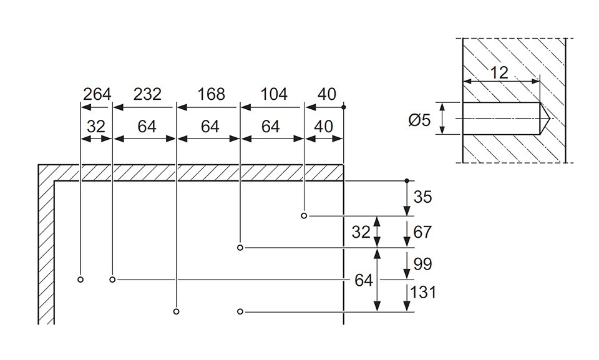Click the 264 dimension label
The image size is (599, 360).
pyautogui.click(x=97, y=94)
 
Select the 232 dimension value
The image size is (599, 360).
pyautogui.click(x=147, y=94)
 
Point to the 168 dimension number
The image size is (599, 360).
pyautogui.click(x=212, y=94)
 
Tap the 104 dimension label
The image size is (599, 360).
pyautogui.click(x=273, y=94)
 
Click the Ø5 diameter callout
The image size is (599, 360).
pyautogui.click(x=419, y=120)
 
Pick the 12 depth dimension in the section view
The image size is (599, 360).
pyautogui.click(x=499, y=72)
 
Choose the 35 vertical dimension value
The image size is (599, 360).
pyautogui.click(x=422, y=197)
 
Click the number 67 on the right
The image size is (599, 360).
pyautogui.click(x=422, y=232)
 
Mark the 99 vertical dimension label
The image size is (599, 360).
pyautogui.click(x=422, y=264)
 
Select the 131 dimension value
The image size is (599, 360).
pyautogui.click(x=423, y=293)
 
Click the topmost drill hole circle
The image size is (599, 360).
pyautogui.click(x=304, y=216)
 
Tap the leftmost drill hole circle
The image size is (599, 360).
pyautogui.click(x=80, y=280)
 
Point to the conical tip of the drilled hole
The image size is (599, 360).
pyautogui.click(x=548, y=119)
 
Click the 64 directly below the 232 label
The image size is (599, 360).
pyautogui.click(x=147, y=127)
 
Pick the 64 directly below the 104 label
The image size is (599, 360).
pyautogui.click(x=270, y=127)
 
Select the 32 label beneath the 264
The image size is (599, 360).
pyautogui.click(x=95, y=127)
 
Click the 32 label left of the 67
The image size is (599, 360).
pyautogui.click(x=361, y=232)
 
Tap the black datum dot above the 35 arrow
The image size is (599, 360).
pyautogui.click(x=407, y=180)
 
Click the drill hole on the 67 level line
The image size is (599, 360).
pyautogui.click(x=240, y=248)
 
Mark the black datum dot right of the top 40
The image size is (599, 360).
pyautogui.click(x=344, y=107)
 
